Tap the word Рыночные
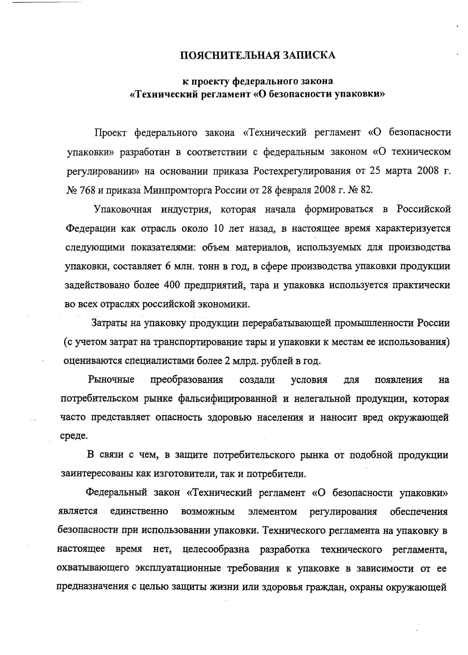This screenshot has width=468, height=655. (111, 380)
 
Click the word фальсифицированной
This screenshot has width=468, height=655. (228, 399)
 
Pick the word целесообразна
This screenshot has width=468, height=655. (216, 549)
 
